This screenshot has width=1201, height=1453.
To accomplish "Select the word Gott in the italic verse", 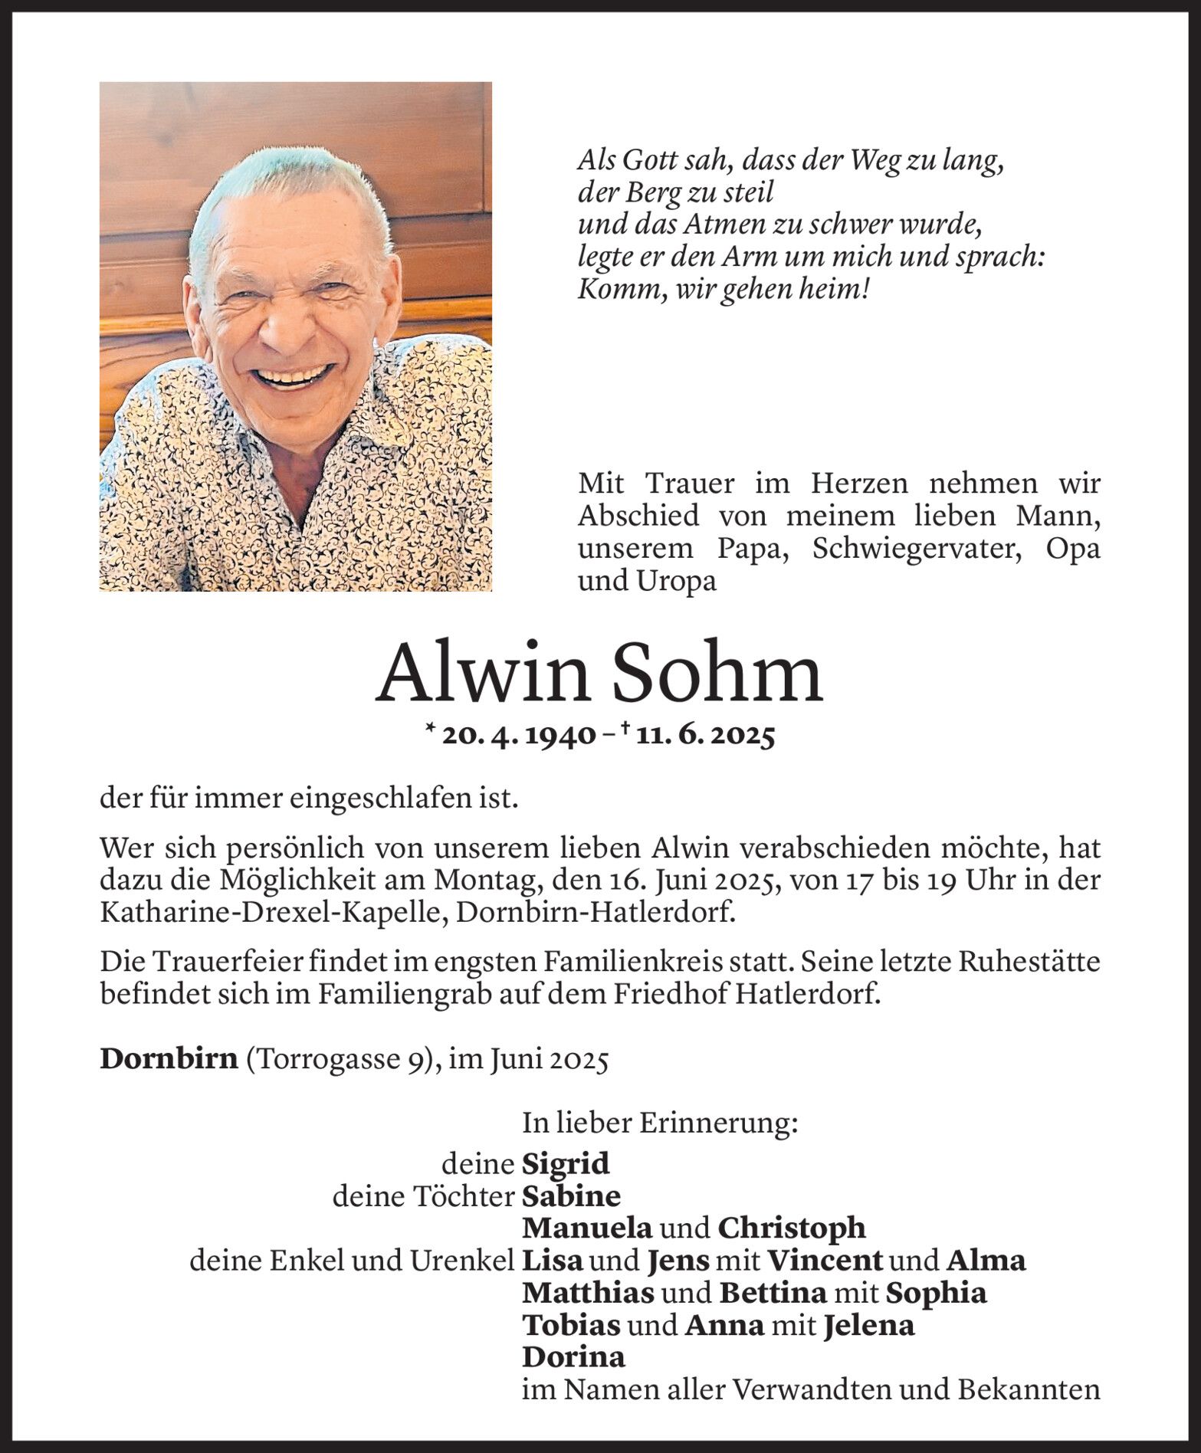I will click(648, 162).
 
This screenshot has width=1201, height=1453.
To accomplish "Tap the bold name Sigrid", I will click(566, 1164).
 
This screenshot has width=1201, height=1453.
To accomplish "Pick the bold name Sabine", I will click(571, 1196).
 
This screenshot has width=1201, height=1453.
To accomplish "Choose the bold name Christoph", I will click(792, 1228).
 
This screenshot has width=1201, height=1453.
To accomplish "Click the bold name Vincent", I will click(825, 1261).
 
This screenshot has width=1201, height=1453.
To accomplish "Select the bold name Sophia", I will click(936, 1294).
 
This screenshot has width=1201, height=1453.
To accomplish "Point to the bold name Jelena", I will click(868, 1326).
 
